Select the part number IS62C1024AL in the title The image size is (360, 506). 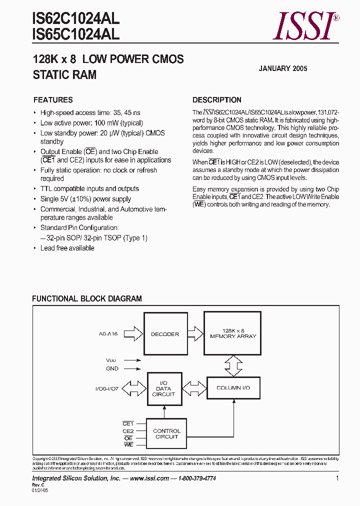tap(75, 19)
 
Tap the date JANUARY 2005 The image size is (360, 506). tap(282, 68)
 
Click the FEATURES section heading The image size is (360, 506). tap(53, 100)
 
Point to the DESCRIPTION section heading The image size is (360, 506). tap(217, 100)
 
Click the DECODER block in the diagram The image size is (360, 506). tap(164, 334)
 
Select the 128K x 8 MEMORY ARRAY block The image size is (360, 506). tap(232, 333)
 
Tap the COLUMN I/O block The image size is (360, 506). tap(233, 388)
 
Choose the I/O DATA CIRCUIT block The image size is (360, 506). tap(163, 388)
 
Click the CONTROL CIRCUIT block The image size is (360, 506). tap(166, 433)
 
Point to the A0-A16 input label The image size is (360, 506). tap(108, 334)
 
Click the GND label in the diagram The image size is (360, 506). tap(112, 369)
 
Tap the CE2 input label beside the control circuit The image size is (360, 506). tap(128, 431)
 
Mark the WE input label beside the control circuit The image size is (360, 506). tap(128, 444)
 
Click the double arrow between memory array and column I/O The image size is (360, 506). tap(232, 365)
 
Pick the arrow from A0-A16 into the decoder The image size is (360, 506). tap(132, 333)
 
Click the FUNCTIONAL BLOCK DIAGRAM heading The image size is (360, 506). tap(87, 299)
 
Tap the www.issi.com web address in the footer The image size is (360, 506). tap(149, 478)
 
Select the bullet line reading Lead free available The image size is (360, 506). tap(67, 248)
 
